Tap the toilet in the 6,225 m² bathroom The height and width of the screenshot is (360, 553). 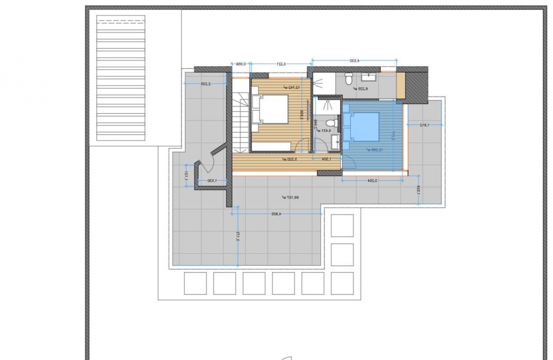[x=349, y=78]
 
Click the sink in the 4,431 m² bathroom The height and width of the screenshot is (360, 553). [x=336, y=140]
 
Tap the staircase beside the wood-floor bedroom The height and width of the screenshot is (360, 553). [x=240, y=122]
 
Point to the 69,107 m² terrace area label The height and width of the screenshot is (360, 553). [x=290, y=197]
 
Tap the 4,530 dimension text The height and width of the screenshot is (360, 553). [x=354, y=60]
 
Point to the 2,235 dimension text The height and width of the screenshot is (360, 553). [x=206, y=84]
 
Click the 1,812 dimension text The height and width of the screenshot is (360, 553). [x=424, y=125]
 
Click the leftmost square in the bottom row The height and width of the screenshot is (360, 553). [x=195, y=283]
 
